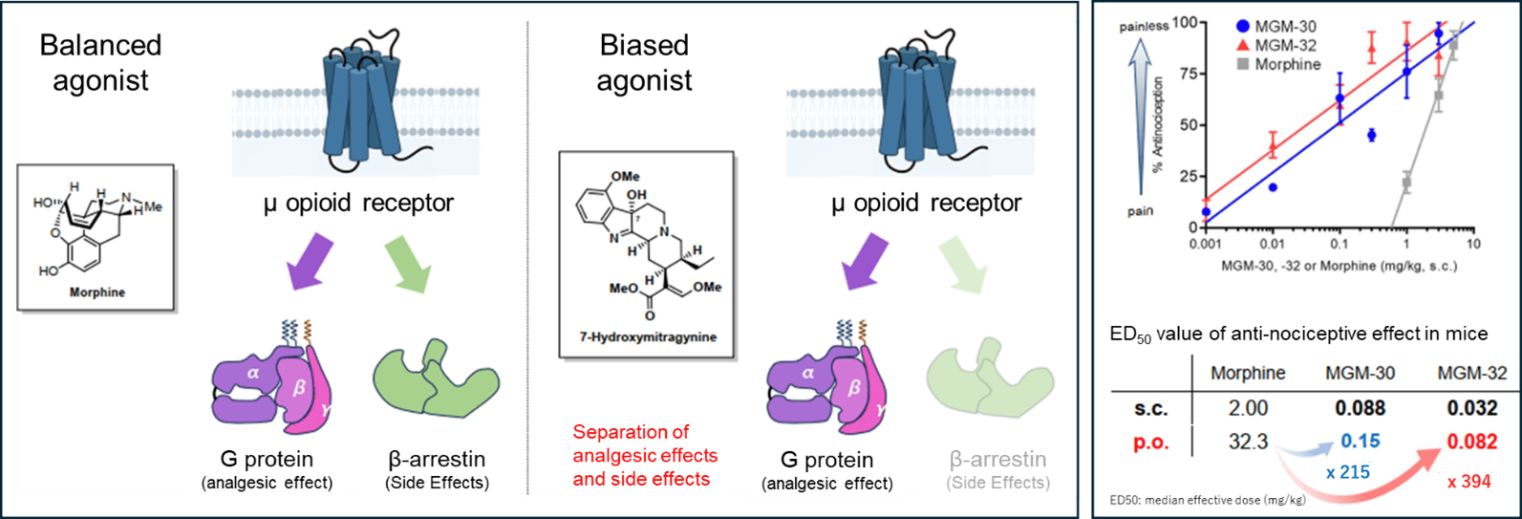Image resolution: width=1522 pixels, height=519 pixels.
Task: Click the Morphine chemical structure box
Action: point(96,237)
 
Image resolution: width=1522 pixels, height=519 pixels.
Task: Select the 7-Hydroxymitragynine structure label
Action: point(647,337)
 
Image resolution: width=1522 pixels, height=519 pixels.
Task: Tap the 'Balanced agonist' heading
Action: point(100,63)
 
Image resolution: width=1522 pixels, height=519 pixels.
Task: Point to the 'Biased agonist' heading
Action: point(644,63)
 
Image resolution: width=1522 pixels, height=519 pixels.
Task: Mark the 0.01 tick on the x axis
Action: point(1272,244)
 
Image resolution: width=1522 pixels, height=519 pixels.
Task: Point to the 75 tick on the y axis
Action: point(1185,74)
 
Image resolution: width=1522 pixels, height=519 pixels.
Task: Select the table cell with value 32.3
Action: point(1248,441)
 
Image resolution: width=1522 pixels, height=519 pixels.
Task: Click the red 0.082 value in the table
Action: point(1471,441)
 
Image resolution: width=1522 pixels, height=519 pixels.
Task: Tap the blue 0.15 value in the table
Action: point(1360,441)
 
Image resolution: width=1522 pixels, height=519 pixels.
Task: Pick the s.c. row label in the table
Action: point(1151,408)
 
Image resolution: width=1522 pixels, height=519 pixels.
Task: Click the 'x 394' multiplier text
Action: point(1468,482)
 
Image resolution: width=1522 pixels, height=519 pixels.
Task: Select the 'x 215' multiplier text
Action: point(1347,472)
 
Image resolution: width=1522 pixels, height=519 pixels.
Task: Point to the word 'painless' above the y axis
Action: point(1144,27)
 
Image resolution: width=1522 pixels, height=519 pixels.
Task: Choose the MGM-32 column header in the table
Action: point(1471,373)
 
